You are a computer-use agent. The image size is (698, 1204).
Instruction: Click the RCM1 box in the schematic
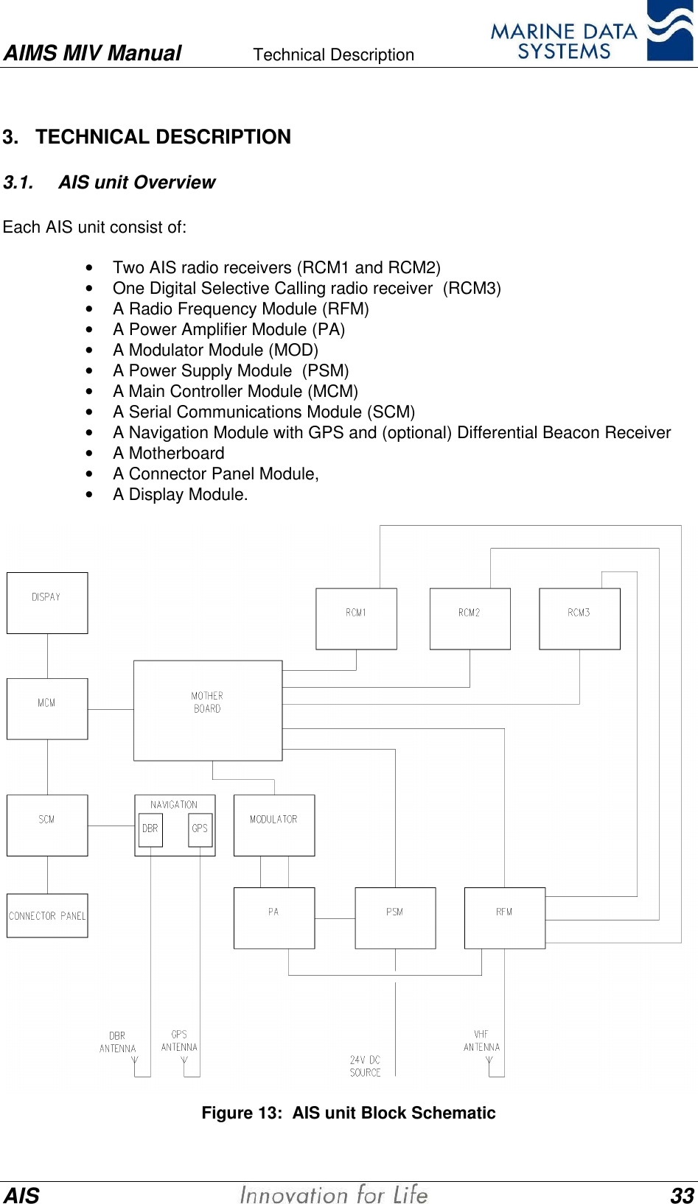point(356,619)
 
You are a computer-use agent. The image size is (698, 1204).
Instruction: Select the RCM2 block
point(470,619)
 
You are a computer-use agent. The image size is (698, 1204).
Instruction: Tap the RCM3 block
point(579,619)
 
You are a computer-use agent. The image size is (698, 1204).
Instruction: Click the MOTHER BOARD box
point(207,710)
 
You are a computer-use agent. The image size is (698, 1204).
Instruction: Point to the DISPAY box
point(47,602)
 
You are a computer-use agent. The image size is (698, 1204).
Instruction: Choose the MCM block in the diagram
point(47,708)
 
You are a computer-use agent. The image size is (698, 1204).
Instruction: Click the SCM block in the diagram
point(47,825)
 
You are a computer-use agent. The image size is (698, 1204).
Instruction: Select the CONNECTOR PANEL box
point(47,915)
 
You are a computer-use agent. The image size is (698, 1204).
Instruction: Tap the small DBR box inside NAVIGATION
point(150,829)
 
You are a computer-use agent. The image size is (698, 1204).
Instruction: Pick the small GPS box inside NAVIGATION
point(200,829)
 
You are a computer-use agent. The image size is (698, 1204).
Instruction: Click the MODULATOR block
point(273,825)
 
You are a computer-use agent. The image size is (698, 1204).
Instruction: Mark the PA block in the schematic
point(273,918)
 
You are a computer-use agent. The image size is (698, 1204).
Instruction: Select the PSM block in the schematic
point(395,918)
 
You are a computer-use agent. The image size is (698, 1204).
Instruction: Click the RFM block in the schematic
point(504,918)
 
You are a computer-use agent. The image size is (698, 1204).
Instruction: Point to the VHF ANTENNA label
point(481,1041)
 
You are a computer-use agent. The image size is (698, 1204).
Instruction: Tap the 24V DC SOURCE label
point(365,1066)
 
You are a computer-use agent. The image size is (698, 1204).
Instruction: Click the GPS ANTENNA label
point(179,1041)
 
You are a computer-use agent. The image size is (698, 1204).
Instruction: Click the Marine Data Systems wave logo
point(669,31)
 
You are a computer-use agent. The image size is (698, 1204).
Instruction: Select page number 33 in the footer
point(682,1194)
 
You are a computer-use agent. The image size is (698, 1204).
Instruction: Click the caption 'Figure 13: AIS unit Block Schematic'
point(349,1113)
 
